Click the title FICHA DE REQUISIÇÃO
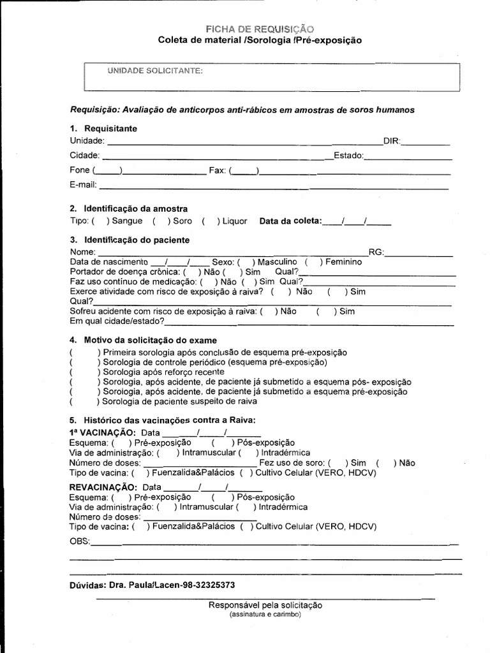click(x=259, y=29)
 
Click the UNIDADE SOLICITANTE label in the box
click(x=156, y=71)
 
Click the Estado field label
click(x=348, y=155)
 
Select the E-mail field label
click(x=83, y=185)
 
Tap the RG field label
click(x=376, y=253)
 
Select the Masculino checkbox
click(x=246, y=262)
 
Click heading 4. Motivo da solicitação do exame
click(x=144, y=340)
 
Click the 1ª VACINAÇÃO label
click(x=102, y=432)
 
